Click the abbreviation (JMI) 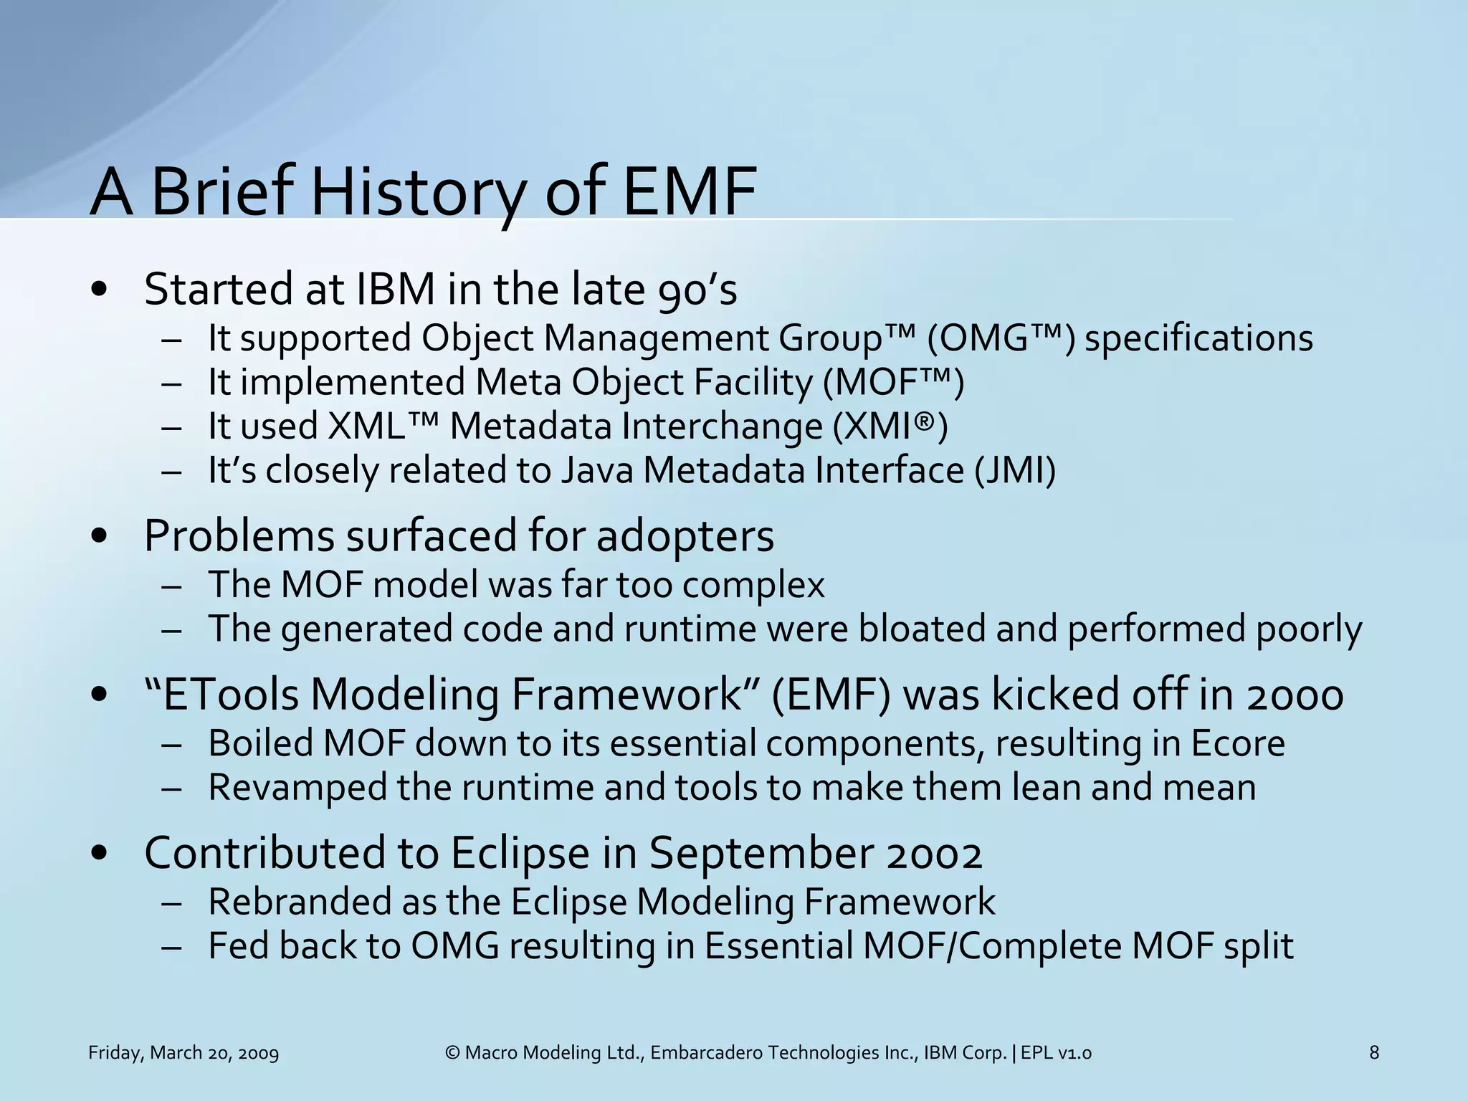[x=1014, y=471]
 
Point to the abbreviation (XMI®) [x=890, y=427]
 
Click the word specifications [x=1198, y=338]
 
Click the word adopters [x=685, y=536]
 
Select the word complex [x=753, y=585]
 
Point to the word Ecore [x=1238, y=743]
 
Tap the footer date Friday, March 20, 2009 [x=183, y=1053]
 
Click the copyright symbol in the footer [x=452, y=1053]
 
